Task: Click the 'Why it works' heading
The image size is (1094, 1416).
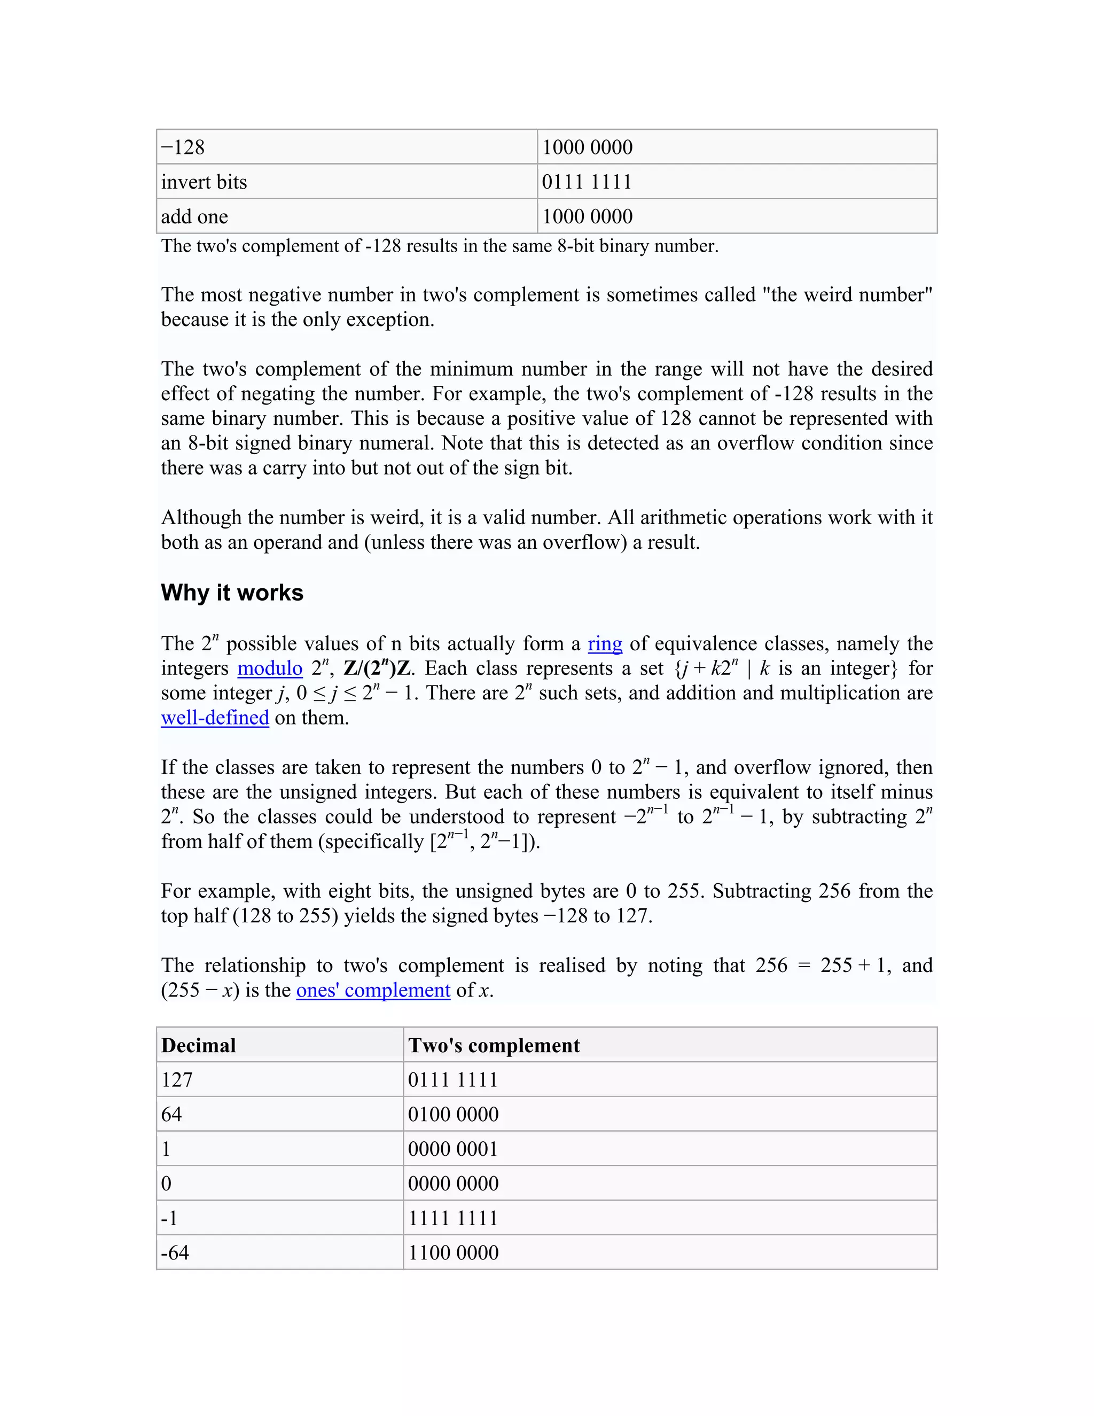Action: (x=232, y=593)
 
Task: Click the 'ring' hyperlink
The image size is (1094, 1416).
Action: (x=605, y=644)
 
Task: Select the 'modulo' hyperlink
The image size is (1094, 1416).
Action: (x=270, y=668)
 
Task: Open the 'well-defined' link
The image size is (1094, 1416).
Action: (x=215, y=718)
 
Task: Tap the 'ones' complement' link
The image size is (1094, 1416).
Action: (x=373, y=990)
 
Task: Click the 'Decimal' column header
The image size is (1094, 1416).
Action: (x=198, y=1045)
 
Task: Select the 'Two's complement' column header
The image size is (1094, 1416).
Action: (x=494, y=1045)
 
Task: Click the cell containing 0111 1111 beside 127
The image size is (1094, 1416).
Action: (x=453, y=1079)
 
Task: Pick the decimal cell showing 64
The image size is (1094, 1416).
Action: (x=172, y=1114)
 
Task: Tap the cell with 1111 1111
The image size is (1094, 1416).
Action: (x=453, y=1218)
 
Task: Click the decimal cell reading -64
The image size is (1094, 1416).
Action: (x=175, y=1252)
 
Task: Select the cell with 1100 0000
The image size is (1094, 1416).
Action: (x=453, y=1252)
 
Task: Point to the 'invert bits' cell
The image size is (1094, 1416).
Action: (x=204, y=182)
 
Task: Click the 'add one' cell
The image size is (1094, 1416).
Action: (x=194, y=216)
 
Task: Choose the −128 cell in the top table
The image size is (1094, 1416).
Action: (x=183, y=147)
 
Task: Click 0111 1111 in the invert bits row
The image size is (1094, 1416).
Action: (x=587, y=182)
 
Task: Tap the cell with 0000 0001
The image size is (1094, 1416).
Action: (x=453, y=1149)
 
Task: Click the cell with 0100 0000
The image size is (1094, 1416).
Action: (x=453, y=1114)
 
